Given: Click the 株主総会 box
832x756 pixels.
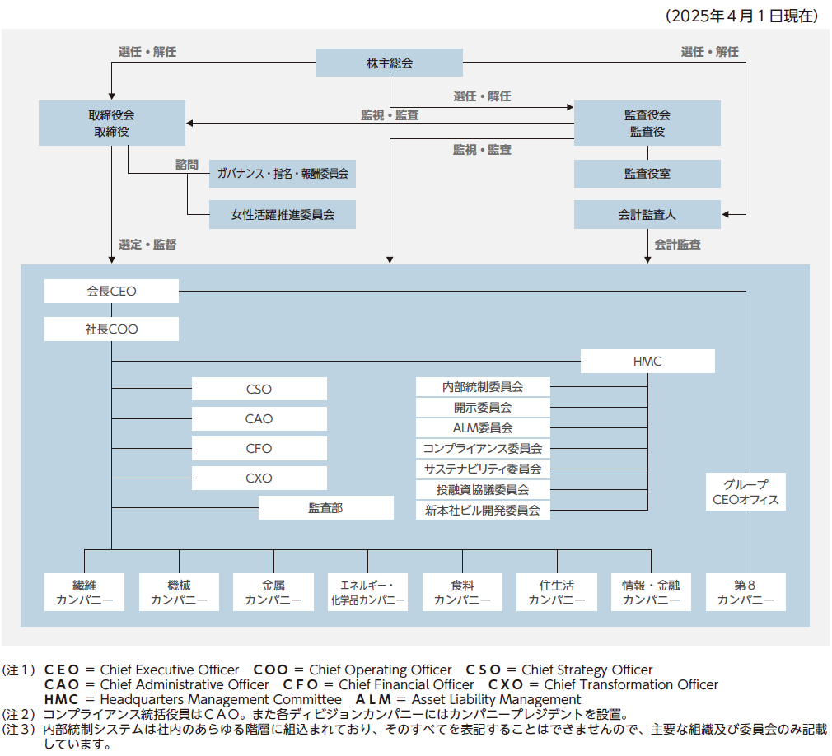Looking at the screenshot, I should click(390, 63).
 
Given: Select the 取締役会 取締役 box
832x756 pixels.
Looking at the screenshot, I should click(111, 123).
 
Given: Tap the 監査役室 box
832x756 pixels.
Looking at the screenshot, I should click(647, 174).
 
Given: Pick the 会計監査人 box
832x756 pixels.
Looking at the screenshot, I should click(647, 214).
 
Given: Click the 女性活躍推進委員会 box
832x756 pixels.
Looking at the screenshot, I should click(283, 214).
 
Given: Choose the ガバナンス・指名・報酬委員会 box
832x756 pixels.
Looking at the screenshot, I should click(283, 174).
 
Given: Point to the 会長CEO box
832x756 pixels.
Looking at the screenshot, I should click(111, 291).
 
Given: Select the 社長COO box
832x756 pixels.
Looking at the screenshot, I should click(111, 329).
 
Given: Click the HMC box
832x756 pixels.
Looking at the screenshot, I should click(647, 361).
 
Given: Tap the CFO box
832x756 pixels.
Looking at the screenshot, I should click(259, 449).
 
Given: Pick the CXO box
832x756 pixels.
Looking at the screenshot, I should click(259, 478).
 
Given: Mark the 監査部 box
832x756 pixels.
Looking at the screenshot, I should click(326, 508).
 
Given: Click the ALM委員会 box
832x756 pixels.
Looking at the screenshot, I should click(483, 427).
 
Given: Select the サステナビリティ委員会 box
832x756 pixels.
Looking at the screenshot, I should click(483, 469).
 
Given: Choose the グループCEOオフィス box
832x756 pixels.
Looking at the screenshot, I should click(746, 492).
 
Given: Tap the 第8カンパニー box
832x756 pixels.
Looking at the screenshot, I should click(746, 592).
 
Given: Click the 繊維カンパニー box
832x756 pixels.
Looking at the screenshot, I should click(85, 592).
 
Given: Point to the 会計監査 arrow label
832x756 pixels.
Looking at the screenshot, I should click(678, 245).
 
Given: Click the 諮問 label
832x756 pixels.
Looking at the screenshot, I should click(187, 164).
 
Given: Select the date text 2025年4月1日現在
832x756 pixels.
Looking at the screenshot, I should click(741, 15).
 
